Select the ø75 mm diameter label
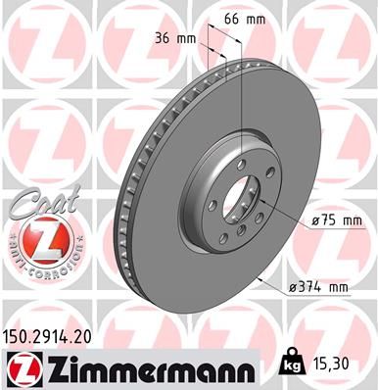(x=330, y=221)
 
